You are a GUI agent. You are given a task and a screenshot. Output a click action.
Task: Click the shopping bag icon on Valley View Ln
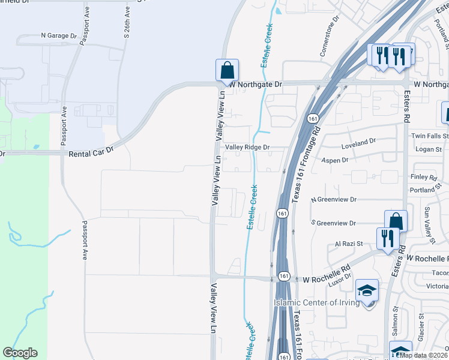point(228,70)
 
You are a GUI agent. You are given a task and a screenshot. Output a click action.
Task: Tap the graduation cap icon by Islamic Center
point(367,291)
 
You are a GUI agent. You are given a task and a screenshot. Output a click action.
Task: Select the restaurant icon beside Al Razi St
point(388,239)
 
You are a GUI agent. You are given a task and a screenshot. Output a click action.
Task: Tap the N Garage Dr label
point(59,36)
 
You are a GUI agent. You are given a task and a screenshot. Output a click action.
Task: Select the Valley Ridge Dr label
point(248,147)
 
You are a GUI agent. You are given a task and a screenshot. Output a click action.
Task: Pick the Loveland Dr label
point(358,142)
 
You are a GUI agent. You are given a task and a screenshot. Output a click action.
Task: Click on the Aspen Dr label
point(336,161)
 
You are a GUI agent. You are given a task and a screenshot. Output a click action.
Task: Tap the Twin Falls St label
point(429,137)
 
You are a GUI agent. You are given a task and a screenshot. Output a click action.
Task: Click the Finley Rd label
point(423,177)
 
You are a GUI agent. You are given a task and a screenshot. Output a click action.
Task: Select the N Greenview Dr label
point(333,199)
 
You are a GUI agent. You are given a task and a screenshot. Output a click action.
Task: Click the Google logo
point(20,353)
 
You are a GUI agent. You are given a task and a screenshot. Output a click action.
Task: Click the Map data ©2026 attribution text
point(424,355)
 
